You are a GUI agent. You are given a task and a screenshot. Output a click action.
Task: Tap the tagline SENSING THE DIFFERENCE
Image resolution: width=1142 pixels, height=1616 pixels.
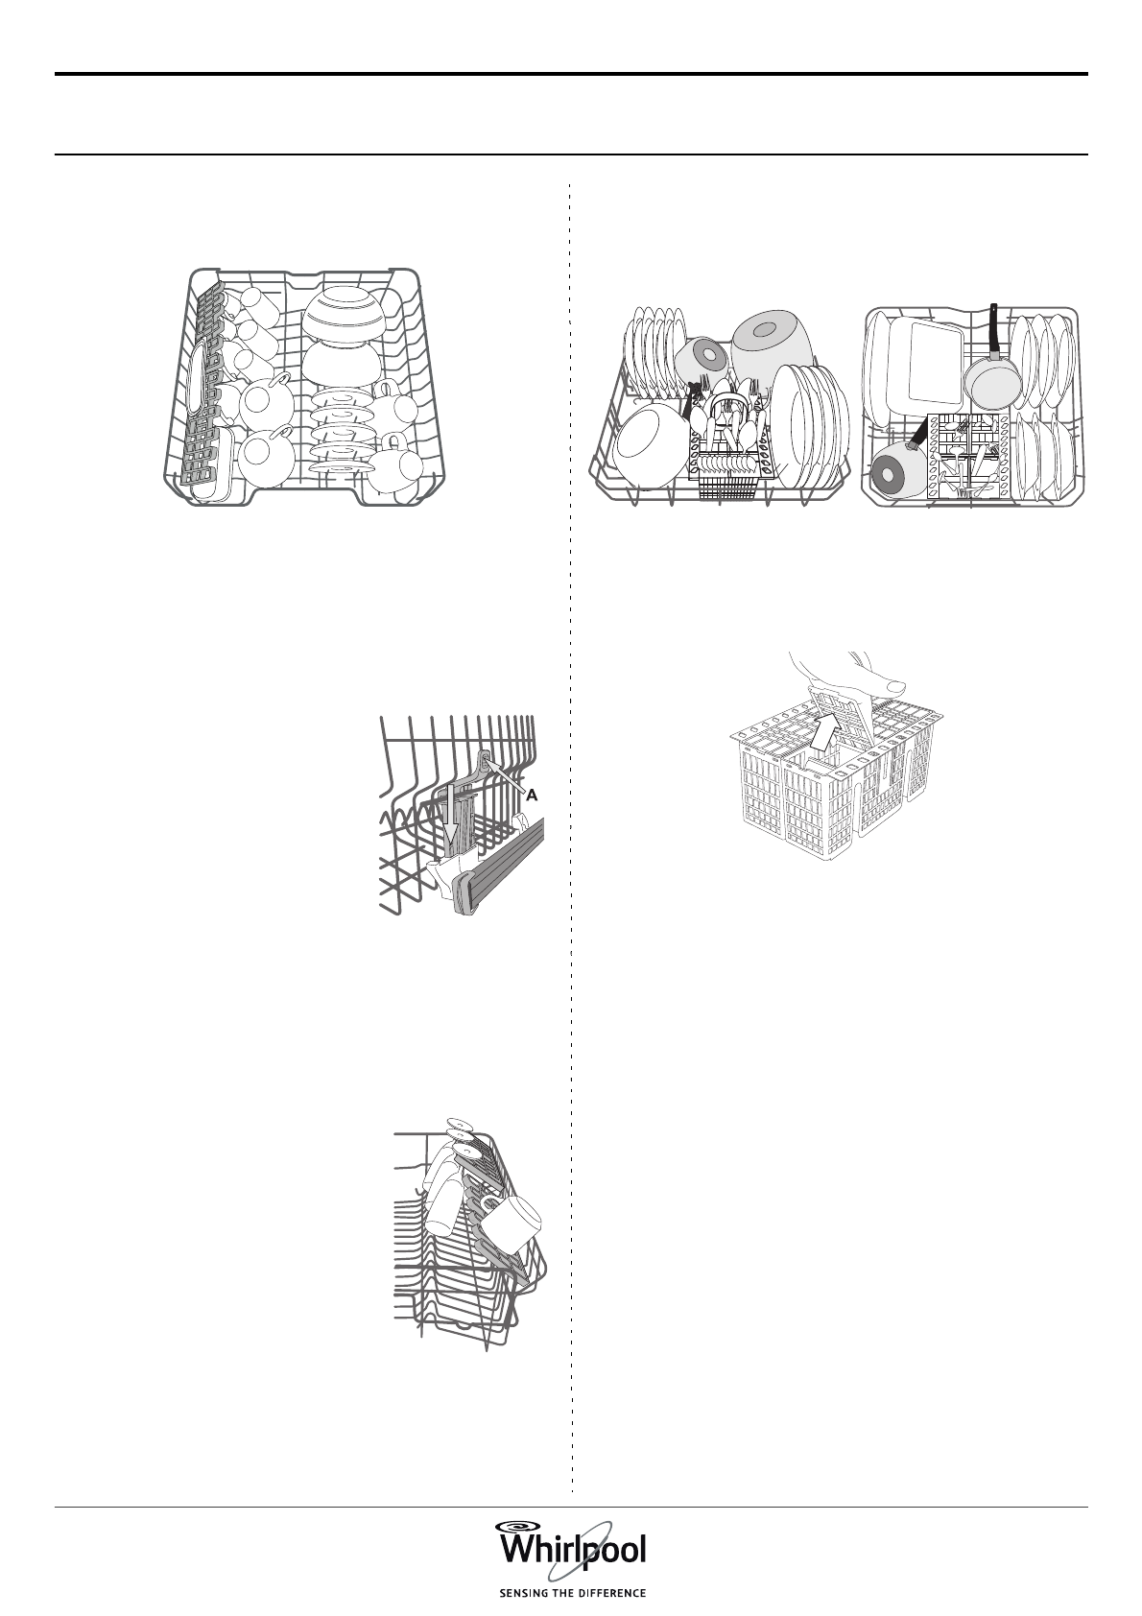571,1593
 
